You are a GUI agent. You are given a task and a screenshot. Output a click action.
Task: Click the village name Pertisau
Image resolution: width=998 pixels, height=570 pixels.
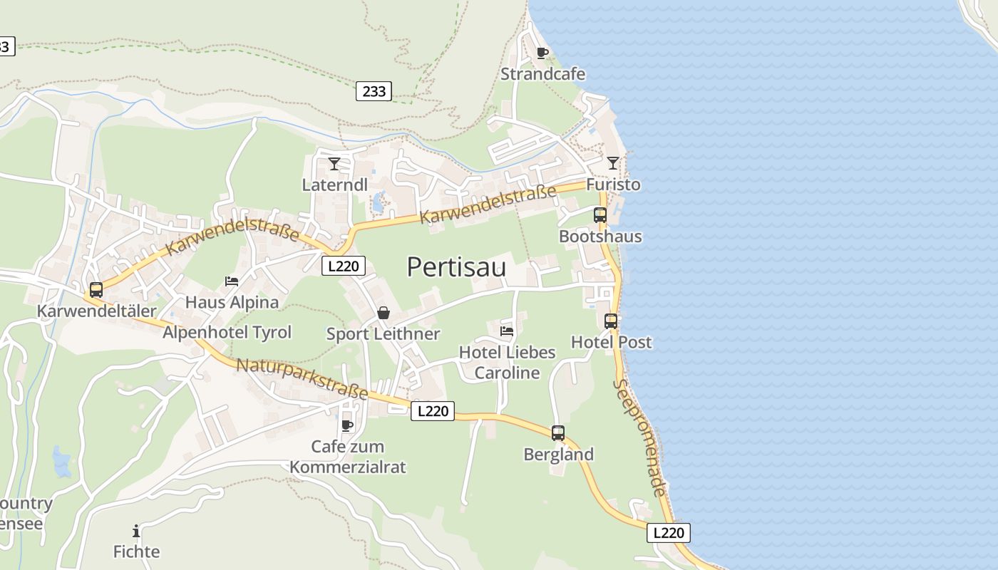[456, 267]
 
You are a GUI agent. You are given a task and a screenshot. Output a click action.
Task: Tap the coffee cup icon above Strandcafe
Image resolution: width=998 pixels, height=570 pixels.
[542, 53]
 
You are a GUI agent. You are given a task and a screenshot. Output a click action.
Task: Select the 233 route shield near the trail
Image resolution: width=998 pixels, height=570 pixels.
[374, 91]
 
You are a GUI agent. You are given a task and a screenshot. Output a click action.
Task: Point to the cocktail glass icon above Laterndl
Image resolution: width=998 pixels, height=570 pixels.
[334, 164]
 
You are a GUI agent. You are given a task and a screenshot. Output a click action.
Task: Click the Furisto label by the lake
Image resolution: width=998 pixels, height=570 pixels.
[613, 185]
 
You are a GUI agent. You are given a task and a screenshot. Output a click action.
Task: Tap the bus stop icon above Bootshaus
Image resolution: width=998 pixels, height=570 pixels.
[600, 214]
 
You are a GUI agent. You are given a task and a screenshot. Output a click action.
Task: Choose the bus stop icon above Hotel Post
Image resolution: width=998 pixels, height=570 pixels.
[611, 321]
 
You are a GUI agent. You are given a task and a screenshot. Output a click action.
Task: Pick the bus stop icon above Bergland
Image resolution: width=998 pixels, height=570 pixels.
[558, 432]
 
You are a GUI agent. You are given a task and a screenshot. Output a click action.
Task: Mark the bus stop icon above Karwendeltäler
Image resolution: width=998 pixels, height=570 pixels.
[96, 290]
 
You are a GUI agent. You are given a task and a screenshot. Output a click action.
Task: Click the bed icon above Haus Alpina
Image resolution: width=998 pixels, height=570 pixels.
[232, 281]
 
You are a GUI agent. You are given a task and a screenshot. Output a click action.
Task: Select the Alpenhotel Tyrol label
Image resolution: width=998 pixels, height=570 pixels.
[227, 332]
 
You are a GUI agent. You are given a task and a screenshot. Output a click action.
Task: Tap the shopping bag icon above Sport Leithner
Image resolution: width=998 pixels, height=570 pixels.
[384, 313]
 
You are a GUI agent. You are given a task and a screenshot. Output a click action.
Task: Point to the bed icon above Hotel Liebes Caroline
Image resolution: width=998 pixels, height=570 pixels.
[507, 331]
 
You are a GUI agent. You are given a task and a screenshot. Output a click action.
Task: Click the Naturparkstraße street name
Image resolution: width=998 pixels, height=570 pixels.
[302, 378]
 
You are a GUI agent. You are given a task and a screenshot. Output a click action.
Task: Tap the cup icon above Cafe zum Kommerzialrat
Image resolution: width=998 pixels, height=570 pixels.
[347, 425]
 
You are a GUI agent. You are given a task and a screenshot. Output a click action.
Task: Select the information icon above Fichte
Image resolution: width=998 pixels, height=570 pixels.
[136, 531]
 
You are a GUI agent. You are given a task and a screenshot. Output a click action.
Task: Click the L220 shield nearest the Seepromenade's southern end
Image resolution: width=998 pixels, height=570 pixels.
[669, 532]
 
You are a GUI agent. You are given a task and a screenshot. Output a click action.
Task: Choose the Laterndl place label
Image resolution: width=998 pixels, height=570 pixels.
[335, 185]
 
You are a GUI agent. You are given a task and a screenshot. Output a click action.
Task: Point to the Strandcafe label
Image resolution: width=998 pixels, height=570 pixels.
[542, 74]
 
